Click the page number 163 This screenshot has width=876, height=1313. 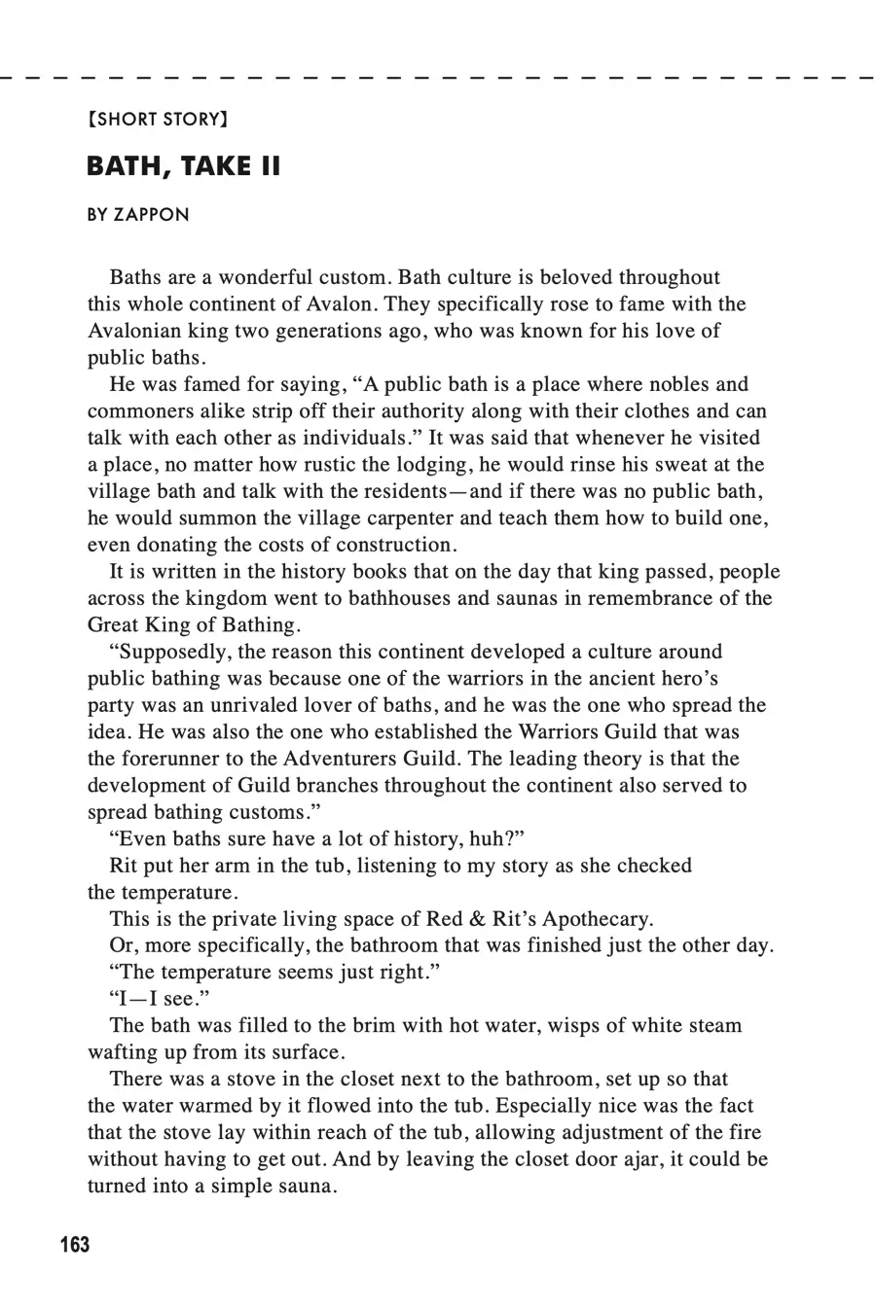(x=74, y=1244)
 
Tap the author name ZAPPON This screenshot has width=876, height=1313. (x=152, y=215)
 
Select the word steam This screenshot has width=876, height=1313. (x=712, y=1025)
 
